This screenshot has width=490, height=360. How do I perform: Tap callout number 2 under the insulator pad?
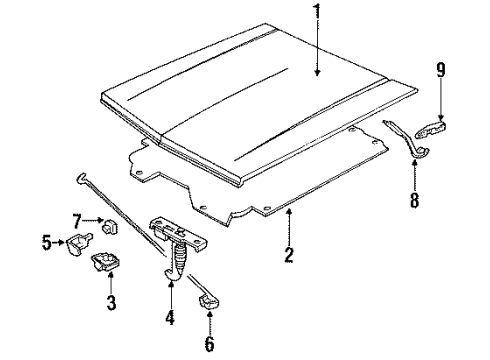(x=288, y=254)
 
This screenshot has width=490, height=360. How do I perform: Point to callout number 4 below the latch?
(x=170, y=319)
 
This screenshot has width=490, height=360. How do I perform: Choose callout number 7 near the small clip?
(x=76, y=220)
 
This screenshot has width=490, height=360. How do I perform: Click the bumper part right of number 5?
(x=79, y=243)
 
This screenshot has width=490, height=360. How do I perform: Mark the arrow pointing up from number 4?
(x=170, y=285)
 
